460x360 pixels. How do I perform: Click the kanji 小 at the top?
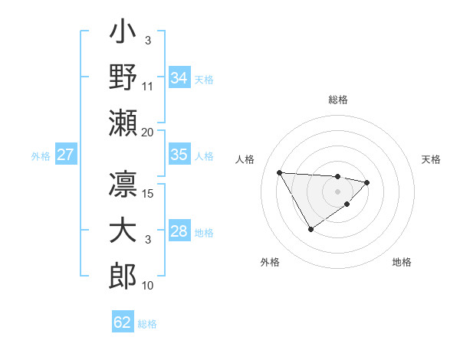tap(123, 35)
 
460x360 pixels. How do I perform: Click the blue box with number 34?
tap(179, 78)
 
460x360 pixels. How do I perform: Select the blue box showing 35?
tap(179, 155)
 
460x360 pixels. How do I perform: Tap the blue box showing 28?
tap(179, 231)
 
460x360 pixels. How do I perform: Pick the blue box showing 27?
tap(66, 155)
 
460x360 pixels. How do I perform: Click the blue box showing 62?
tap(123, 322)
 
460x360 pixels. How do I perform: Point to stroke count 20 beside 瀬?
tap(148, 133)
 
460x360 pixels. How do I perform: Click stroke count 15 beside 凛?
tap(148, 193)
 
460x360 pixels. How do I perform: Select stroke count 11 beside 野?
tap(148, 87)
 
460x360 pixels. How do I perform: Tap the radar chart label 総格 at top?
tap(337, 100)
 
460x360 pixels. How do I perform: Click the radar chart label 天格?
tap(432, 159)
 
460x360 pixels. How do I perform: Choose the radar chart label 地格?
tap(402, 262)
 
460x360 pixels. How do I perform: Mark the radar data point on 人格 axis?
tap(279, 172)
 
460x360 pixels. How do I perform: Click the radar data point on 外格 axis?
tap(310, 229)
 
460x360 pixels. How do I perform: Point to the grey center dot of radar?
tap(337, 190)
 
